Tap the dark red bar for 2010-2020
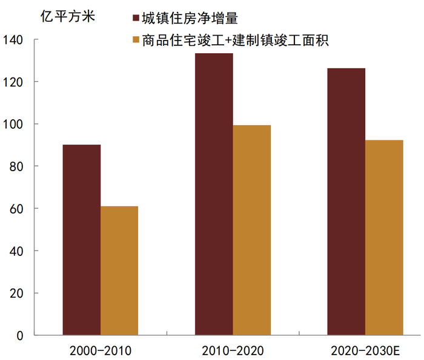tap(214, 194)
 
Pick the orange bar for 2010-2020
tap(251, 230)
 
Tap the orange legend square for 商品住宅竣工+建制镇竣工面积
tap(135, 41)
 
